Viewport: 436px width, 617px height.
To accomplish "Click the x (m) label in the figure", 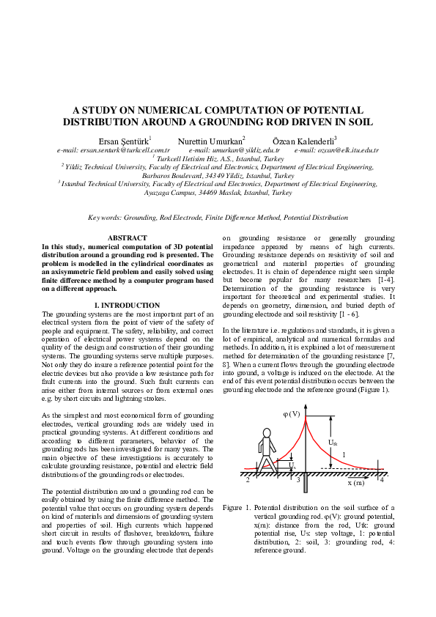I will pyautogui.click(x=355, y=483).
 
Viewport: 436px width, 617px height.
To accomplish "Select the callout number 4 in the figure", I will pyautogui.click(x=382, y=480).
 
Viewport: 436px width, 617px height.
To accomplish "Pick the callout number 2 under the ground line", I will pyautogui.click(x=248, y=480).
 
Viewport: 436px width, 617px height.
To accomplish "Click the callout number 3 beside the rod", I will pyautogui.click(x=298, y=480).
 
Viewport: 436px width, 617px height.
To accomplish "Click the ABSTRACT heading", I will pyautogui.click(x=128, y=238).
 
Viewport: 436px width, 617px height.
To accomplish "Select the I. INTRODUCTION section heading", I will pyautogui.click(x=128, y=305).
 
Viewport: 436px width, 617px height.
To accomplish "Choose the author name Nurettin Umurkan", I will pyautogui.click(x=211, y=140).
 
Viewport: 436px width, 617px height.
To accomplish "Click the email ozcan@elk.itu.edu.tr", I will pyautogui.click(x=336, y=149).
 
